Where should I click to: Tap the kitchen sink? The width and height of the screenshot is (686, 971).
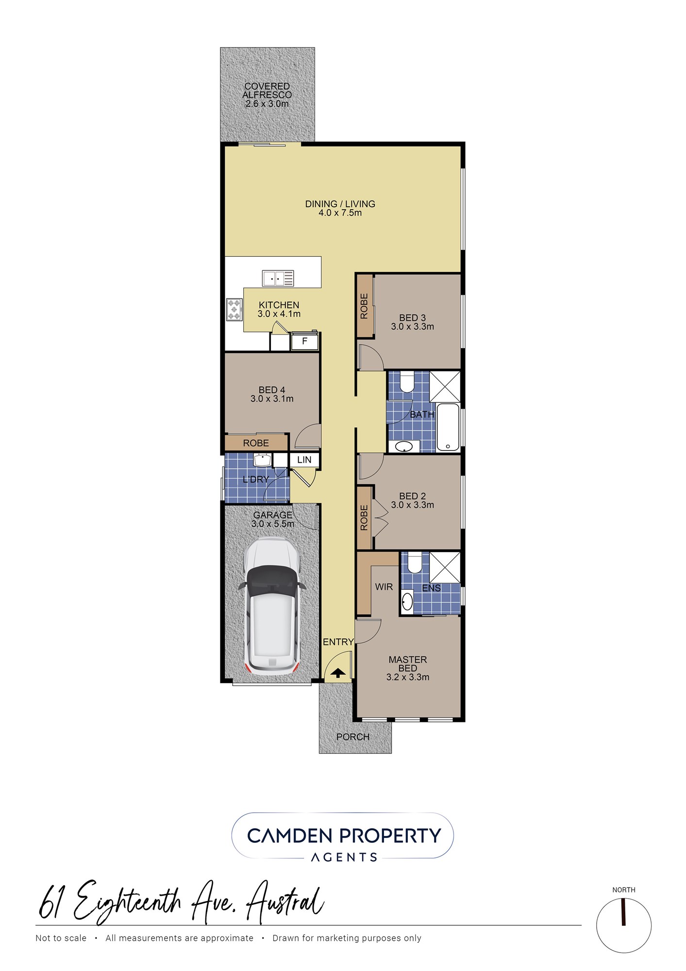(278, 278)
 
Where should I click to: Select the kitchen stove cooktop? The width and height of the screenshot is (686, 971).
(234, 309)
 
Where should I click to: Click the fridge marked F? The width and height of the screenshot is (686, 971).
(304, 341)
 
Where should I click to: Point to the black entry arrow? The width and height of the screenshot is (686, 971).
(338, 673)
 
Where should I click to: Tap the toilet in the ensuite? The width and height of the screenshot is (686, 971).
(414, 562)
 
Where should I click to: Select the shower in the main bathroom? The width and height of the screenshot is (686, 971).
(445, 386)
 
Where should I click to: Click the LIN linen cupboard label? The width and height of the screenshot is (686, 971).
(304, 460)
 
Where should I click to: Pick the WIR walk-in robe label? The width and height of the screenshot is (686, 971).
(384, 587)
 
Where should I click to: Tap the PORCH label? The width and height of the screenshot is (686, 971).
(353, 737)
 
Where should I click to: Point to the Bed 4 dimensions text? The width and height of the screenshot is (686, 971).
(272, 399)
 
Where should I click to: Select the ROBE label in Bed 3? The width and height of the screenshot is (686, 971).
(364, 306)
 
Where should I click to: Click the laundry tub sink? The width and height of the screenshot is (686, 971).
(263, 460)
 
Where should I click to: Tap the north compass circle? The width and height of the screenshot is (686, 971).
(624, 925)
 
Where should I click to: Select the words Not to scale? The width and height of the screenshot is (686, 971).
(61, 938)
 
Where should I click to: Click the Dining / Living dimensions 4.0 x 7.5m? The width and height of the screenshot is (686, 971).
(340, 213)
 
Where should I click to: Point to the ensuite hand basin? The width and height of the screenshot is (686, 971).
(407, 602)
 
